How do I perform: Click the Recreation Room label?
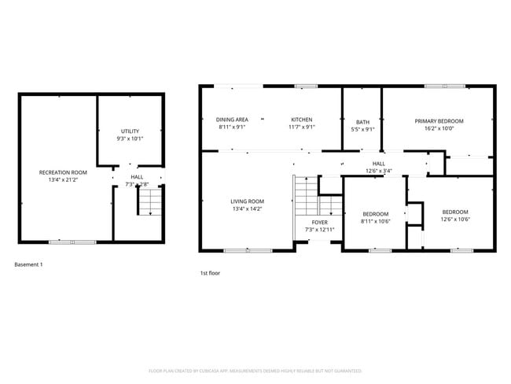click(x=63, y=172)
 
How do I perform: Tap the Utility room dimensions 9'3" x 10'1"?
click(x=131, y=138)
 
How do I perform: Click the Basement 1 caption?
click(x=29, y=264)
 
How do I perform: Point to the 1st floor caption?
click(x=209, y=273)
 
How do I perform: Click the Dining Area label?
click(x=232, y=120)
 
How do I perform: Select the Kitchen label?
click(x=302, y=120)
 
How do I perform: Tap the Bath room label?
click(x=362, y=122)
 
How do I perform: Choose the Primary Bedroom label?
click(x=439, y=121)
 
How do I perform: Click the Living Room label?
click(x=247, y=201)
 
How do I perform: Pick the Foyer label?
click(x=320, y=223)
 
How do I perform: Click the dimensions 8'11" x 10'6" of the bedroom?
click(x=375, y=222)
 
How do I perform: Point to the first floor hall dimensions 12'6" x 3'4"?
click(x=378, y=171)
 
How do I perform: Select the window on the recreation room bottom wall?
click(x=61, y=242)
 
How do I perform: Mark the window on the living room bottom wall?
click(x=237, y=250)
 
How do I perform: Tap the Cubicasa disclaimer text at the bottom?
click(x=255, y=370)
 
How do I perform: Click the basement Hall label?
click(x=137, y=177)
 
